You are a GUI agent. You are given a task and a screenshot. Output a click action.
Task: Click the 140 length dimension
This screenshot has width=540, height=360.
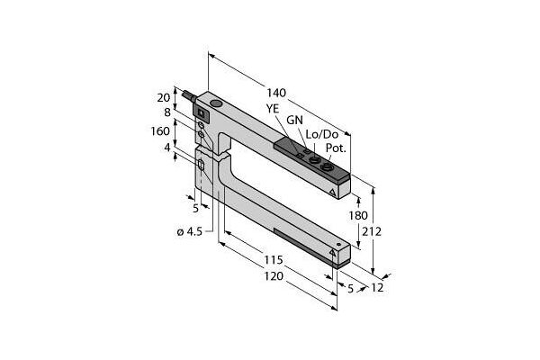point(276,93)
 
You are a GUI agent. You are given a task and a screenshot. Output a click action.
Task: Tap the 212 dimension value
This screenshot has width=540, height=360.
point(372,231)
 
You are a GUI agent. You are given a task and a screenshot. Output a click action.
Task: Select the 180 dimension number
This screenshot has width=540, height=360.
point(358,216)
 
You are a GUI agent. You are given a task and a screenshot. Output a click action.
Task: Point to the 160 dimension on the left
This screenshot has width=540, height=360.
point(160,130)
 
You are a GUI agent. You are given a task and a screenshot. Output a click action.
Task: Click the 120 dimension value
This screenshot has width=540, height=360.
point(274,276)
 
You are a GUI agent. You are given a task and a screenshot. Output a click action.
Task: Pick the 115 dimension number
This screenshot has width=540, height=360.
point(274,260)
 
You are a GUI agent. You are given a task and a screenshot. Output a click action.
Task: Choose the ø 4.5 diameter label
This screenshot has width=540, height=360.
point(189,232)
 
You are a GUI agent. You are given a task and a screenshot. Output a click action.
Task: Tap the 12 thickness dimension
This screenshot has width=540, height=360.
point(377,287)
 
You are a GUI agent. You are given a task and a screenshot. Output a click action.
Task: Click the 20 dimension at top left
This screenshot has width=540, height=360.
point(164,98)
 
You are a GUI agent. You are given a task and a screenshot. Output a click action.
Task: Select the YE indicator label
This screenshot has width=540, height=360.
point(273,109)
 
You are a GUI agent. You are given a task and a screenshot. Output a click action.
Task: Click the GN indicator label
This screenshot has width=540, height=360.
point(295,120)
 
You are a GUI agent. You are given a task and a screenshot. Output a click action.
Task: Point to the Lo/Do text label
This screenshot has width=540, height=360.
point(322,134)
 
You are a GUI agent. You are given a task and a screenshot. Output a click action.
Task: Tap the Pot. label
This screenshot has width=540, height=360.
point(336,148)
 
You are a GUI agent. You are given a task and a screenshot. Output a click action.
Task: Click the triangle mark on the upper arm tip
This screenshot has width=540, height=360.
point(332,193)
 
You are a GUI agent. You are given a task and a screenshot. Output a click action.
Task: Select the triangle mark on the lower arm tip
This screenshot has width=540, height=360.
point(332,253)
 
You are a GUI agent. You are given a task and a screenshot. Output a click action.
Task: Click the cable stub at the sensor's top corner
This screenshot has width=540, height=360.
point(190,95)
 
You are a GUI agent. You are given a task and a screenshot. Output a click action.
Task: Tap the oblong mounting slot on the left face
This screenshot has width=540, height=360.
point(201,165)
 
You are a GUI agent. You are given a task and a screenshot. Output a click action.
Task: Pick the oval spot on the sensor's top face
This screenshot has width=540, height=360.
point(216,103)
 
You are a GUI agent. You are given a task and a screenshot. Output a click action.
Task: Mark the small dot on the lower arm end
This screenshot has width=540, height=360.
point(339,245)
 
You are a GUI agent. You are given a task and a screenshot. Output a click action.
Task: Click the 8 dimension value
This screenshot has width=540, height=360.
point(167,112)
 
